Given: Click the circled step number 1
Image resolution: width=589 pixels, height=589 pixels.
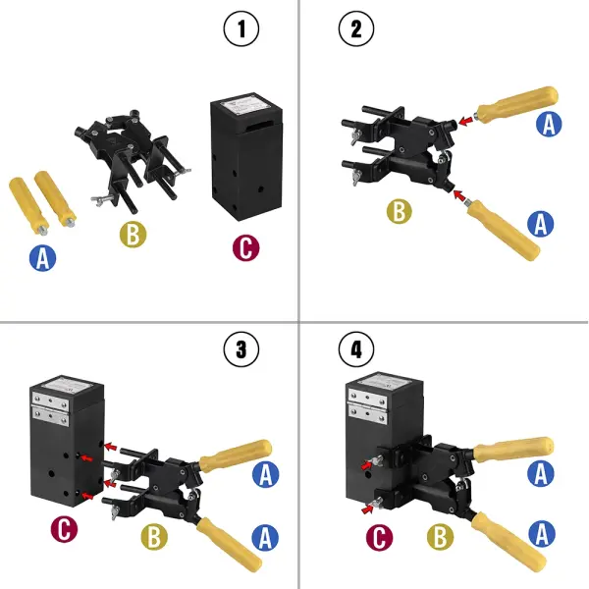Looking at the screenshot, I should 241,29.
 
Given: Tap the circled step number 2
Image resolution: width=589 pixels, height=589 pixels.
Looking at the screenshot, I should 355,29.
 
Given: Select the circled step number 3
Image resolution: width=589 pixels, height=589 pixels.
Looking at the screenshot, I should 241,348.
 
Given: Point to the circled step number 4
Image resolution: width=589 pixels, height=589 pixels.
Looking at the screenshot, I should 355,348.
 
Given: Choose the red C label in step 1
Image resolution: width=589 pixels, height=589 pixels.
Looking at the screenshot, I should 245,247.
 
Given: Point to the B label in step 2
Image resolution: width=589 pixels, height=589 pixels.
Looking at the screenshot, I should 398,210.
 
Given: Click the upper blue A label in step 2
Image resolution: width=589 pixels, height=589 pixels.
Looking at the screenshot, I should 550,124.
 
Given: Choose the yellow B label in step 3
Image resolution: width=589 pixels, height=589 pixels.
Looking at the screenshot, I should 152,536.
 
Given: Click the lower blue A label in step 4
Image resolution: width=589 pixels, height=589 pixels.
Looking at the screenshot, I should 541,536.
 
